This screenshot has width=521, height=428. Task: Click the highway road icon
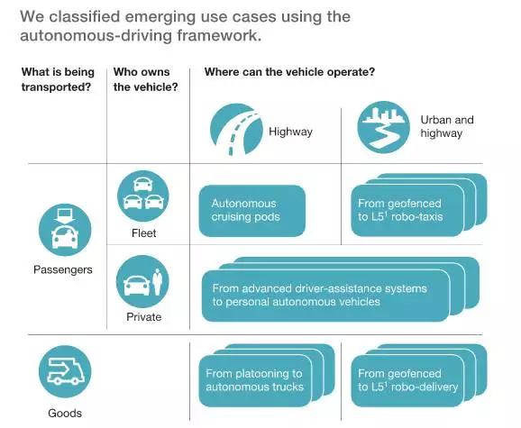[x=236, y=130]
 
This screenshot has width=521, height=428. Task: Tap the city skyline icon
[x=383, y=127]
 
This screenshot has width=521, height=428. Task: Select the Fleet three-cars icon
[x=143, y=196]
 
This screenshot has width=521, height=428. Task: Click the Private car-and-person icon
[x=142, y=281]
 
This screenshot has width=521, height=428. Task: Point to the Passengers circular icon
[x=65, y=230]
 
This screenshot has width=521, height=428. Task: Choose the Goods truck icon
[x=65, y=371]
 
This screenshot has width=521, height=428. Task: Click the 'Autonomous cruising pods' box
[x=252, y=211]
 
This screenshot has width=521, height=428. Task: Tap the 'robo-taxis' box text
[x=400, y=210]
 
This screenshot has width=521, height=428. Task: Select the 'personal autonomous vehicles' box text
[x=319, y=295]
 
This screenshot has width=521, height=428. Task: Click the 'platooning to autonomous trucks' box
[x=255, y=381]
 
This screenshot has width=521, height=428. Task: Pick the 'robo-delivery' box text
[x=407, y=380]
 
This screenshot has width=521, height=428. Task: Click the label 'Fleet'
[x=143, y=233]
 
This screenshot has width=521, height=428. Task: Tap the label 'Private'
[x=144, y=317]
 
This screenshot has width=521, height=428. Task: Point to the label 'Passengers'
[x=63, y=269]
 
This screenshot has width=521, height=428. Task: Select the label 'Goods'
[x=65, y=413]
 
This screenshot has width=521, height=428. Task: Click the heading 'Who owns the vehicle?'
[x=145, y=79]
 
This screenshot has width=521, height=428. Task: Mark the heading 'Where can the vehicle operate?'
[x=289, y=72]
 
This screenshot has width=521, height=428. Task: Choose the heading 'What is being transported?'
[x=58, y=79]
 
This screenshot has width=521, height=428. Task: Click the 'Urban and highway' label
[x=447, y=126]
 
